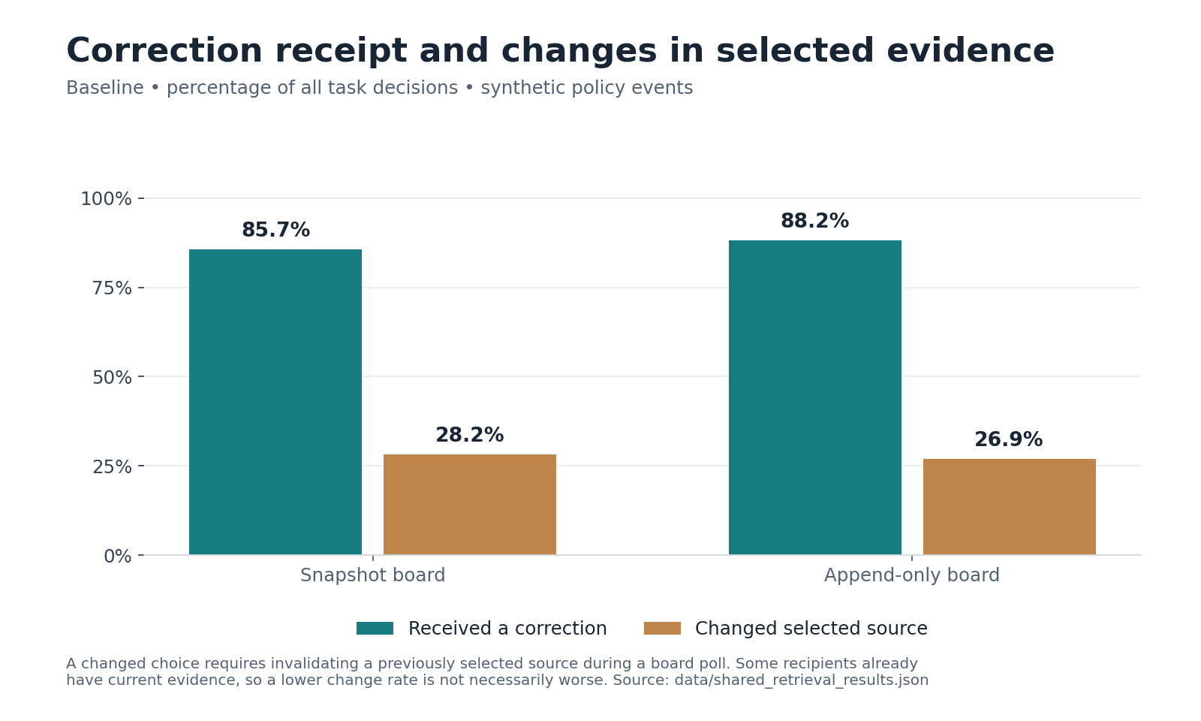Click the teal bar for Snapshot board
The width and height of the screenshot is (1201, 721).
click(275, 402)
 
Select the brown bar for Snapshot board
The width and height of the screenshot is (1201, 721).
click(470, 504)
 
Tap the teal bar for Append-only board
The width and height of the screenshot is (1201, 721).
click(815, 397)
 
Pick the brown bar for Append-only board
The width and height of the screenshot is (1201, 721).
click(1009, 507)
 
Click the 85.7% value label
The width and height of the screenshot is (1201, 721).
click(275, 230)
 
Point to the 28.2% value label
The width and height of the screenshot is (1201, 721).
click(470, 435)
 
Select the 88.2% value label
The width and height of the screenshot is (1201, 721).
click(815, 221)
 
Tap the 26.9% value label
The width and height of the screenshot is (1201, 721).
click(1009, 440)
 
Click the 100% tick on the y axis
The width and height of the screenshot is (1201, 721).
click(106, 199)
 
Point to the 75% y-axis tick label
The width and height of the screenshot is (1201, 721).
click(112, 288)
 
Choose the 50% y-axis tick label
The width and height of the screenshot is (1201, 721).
click(112, 378)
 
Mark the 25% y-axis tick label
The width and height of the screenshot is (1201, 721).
click(112, 467)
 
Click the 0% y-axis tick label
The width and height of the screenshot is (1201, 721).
click(118, 557)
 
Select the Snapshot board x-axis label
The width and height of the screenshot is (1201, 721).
click(372, 575)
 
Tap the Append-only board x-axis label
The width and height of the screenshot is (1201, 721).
click(912, 575)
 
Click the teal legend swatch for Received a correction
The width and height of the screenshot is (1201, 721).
click(375, 628)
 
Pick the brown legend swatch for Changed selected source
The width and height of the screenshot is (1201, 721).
click(662, 628)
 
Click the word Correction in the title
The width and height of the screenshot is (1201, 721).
click(164, 51)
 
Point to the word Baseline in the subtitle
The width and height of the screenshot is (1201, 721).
click(105, 87)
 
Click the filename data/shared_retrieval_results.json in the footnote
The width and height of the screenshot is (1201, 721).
click(802, 680)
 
